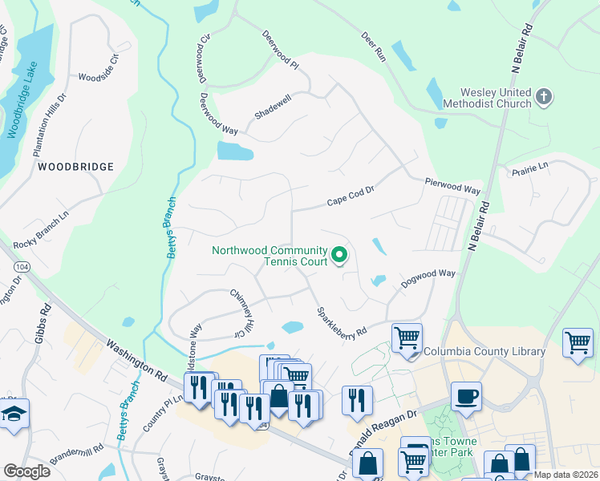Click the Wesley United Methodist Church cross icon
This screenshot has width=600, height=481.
[544, 98]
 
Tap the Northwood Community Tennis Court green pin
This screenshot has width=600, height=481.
[339, 256]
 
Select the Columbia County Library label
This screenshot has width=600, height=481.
[484, 351]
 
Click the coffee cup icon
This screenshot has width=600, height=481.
[466, 395]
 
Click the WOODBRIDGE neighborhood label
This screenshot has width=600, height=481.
[75, 167]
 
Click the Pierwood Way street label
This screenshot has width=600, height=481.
[452, 187]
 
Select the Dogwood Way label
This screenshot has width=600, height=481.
[428, 274]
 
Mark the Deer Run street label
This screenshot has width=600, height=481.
[374, 49]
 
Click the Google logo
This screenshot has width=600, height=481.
[26, 471]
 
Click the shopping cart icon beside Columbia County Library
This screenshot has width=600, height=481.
[407, 337]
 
